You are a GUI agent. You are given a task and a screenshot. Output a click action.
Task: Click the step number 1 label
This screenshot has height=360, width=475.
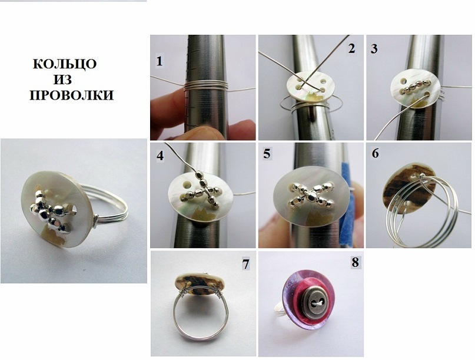pos(160,61)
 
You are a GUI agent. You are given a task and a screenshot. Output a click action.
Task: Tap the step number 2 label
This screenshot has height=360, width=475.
pos(351,48)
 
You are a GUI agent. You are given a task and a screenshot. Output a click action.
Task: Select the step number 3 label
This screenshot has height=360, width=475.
pos(374,48)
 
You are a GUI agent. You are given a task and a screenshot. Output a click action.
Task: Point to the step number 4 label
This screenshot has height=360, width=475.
pos(160,156)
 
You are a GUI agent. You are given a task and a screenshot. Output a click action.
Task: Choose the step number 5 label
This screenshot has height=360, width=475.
pos(267,154)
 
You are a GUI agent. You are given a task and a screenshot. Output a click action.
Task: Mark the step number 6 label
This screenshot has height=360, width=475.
pos(375,153)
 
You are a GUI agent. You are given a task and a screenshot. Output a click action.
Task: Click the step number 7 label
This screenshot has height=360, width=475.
pos(245,264)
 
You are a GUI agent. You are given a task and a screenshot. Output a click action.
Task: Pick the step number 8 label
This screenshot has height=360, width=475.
pos(355,262)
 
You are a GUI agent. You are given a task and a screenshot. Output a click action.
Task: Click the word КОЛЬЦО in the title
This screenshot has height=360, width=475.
pos(65,64)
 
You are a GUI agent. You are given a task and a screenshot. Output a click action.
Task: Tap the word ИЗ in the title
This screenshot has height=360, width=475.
pos(63,80)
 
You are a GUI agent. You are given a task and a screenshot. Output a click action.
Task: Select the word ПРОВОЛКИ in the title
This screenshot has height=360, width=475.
pos(71,95)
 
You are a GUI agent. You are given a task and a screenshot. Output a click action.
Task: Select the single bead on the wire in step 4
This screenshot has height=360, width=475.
pos(200,175)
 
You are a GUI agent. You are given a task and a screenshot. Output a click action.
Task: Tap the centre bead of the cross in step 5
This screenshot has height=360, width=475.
pos(311,197)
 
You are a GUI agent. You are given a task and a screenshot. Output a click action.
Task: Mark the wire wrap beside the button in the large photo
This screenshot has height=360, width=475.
pos(96,221)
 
